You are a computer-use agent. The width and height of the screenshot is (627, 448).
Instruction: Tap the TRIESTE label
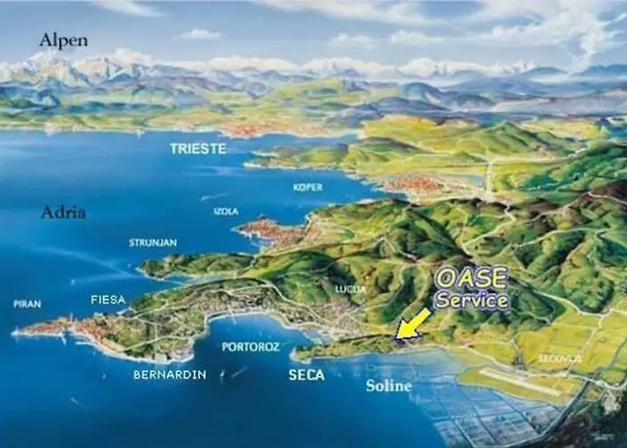point(198,149)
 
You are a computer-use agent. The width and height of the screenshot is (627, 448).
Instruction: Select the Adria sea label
point(63,212)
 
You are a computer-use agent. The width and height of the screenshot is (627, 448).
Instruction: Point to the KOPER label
point(307,187)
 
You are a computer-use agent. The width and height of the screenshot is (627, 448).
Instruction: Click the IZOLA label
point(226,211)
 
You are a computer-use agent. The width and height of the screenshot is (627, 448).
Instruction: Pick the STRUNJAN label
point(153,243)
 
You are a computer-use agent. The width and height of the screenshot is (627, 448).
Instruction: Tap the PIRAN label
point(27,304)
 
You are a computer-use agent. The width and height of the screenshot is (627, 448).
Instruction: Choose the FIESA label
point(108,299)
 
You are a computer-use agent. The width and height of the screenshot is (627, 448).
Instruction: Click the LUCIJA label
point(350,289)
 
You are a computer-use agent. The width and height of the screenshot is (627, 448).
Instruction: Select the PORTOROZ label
point(251,347)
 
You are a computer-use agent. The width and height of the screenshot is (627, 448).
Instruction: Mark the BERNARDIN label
point(169,375)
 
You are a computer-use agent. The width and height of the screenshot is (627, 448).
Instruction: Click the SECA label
point(306,375)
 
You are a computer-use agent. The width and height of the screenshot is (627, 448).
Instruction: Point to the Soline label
point(389,386)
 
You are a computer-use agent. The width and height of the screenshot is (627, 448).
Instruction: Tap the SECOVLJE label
point(560,358)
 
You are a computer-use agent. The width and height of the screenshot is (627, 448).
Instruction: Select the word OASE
point(472,278)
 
